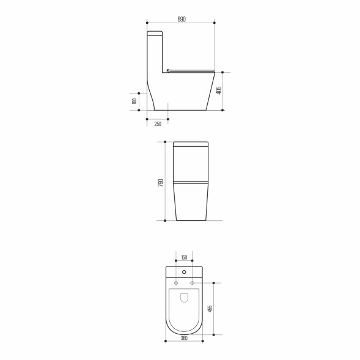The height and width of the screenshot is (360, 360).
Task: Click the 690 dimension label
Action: [182, 20]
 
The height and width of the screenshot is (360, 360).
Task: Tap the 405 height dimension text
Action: [219, 90]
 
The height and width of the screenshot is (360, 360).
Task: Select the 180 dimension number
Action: [134, 101]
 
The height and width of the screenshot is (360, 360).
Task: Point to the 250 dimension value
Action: [158, 124]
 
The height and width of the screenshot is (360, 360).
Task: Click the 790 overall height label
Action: [161, 183]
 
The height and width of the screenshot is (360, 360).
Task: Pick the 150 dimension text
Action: [184, 257]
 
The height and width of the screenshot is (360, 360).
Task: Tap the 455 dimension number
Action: [210, 309]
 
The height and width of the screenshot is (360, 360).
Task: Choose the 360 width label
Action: [184, 338]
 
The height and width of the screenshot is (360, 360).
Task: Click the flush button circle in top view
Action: [184, 272]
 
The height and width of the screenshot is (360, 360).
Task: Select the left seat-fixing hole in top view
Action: [176, 283]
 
